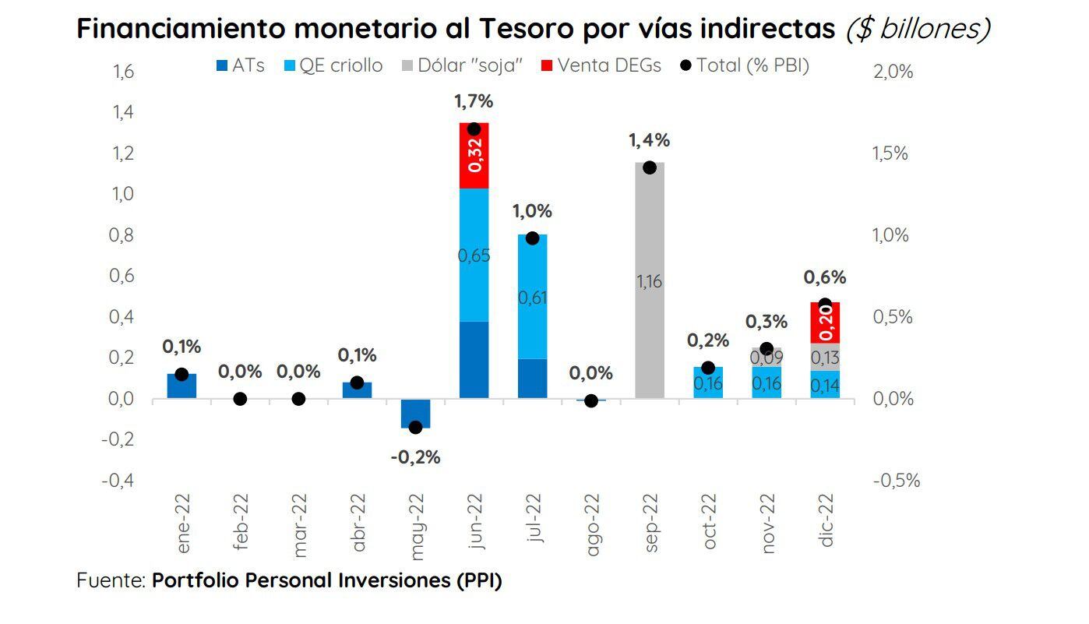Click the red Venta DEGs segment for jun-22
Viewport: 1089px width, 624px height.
(x=474, y=156)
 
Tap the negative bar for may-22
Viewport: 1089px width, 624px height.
(x=415, y=413)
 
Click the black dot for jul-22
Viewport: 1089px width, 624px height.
(x=532, y=238)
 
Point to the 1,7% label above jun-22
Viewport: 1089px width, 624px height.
(x=474, y=101)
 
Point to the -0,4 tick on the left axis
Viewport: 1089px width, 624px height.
(x=119, y=481)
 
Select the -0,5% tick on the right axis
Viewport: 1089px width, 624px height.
(x=897, y=481)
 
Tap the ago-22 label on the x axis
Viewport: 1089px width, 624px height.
(x=592, y=524)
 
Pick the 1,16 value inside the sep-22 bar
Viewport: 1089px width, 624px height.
(x=649, y=282)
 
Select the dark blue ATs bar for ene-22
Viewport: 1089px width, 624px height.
(x=181, y=386)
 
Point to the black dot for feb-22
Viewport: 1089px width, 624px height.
(x=240, y=399)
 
